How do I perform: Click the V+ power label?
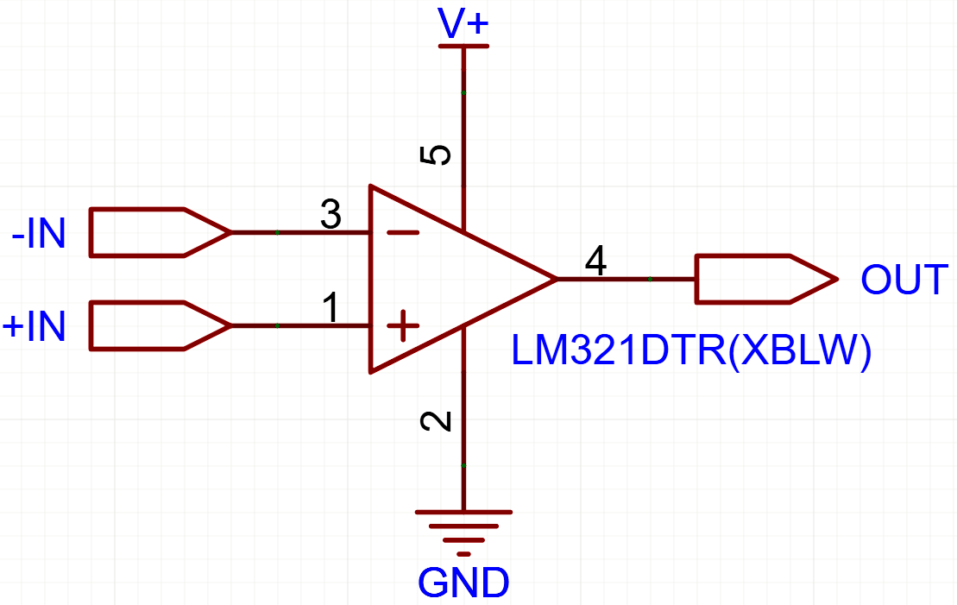463,23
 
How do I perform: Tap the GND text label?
463,583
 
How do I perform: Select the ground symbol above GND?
463,533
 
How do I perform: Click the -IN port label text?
39,233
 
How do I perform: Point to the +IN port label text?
35,326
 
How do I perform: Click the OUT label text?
904,280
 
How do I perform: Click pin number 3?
331,214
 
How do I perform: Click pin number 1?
331,308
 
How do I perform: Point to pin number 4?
595,261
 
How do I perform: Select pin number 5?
436,155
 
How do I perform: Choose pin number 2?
436,421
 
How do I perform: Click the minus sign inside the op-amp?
403,233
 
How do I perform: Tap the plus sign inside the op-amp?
403,326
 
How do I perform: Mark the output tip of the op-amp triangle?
557,279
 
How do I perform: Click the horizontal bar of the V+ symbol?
463,47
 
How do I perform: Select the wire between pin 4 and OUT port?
626,279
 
